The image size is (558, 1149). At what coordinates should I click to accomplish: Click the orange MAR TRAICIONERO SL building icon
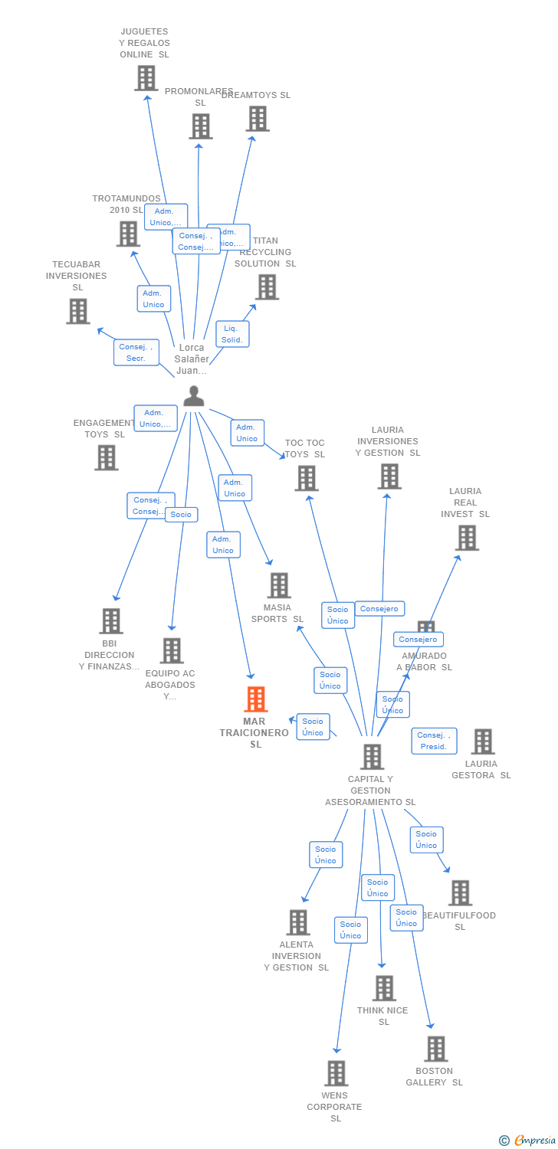tap(255, 699)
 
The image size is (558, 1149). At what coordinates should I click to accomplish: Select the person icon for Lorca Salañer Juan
tap(194, 396)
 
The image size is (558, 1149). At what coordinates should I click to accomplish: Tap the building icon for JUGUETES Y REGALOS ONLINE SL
tap(146, 78)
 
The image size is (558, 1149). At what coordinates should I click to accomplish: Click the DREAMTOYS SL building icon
tap(258, 119)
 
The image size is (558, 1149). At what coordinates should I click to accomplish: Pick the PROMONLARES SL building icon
tap(201, 126)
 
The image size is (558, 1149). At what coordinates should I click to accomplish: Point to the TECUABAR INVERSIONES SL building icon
tap(77, 312)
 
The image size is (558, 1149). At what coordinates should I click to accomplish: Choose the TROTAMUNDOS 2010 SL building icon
tap(128, 234)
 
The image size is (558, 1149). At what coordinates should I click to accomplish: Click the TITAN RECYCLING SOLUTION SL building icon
tap(267, 287)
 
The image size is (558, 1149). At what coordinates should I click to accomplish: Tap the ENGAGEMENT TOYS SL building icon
tap(107, 457)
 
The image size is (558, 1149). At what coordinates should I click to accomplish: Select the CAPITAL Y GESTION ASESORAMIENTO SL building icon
tap(372, 757)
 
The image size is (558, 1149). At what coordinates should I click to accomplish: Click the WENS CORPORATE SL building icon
tap(336, 1074)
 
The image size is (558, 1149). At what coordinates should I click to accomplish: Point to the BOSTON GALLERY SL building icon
tap(435, 1049)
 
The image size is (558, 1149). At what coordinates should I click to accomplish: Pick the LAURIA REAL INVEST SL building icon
tap(466, 538)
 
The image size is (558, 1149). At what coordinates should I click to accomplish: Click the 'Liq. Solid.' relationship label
tap(232, 334)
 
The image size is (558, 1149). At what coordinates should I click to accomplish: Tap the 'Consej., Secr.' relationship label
tap(137, 352)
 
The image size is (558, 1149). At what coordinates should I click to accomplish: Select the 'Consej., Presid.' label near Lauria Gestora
tap(434, 741)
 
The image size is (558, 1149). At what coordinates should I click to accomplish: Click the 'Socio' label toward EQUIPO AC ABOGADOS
tap(181, 514)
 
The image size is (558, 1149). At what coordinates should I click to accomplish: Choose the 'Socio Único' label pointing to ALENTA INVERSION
tap(326, 855)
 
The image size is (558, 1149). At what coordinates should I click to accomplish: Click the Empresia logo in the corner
tap(527, 1140)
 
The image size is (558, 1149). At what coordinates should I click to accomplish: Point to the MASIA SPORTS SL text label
tap(277, 614)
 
